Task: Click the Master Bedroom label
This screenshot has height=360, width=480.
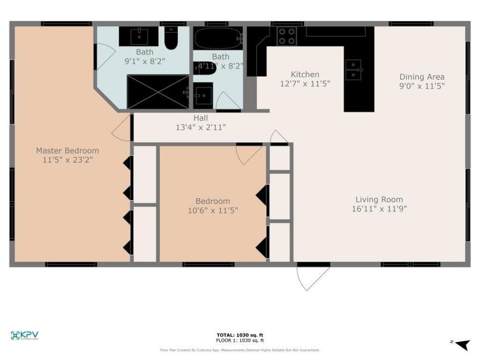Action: pyautogui.click(x=67, y=150)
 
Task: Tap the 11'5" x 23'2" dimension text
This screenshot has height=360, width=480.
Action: pyautogui.click(x=67, y=160)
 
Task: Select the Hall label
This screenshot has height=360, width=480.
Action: pyautogui.click(x=201, y=118)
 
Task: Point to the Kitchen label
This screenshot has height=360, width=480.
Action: pyautogui.click(x=305, y=75)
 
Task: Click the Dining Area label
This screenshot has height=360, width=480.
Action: pyautogui.click(x=421, y=77)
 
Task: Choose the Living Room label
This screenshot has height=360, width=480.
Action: pyautogui.click(x=379, y=199)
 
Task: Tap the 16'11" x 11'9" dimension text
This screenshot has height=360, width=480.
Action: pyautogui.click(x=379, y=209)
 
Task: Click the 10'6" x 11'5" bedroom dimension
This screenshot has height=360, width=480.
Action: pyautogui.click(x=213, y=210)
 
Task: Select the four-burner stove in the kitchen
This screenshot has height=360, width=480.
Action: pyautogui.click(x=287, y=36)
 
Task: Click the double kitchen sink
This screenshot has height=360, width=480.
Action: pyautogui.click(x=353, y=70)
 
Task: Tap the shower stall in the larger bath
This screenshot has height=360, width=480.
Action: pyautogui.click(x=158, y=92)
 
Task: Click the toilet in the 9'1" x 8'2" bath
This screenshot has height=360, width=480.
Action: pyautogui.click(x=172, y=38)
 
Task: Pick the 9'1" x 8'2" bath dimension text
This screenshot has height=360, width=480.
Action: pyautogui.click(x=144, y=61)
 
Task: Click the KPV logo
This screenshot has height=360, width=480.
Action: pyautogui.click(x=24, y=335)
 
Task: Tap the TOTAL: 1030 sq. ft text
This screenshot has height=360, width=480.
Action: pyautogui.click(x=240, y=335)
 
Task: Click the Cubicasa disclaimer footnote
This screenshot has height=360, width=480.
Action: pyautogui.click(x=240, y=350)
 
